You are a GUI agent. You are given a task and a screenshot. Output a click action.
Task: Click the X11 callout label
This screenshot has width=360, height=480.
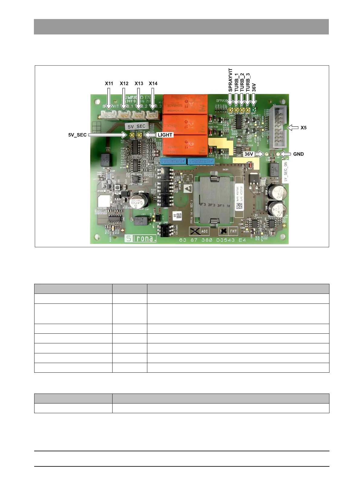[x=109, y=83]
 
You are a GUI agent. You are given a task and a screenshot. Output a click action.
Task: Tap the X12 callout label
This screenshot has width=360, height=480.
[x=124, y=83]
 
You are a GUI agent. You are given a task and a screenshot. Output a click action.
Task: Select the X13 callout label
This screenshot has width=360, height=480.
[x=139, y=83]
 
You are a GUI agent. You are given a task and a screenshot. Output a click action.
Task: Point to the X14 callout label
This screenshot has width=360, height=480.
[x=153, y=83]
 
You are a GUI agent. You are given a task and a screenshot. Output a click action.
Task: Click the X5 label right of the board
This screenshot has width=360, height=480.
[x=303, y=128]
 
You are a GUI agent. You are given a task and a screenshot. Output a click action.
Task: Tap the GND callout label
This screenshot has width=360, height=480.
[x=298, y=154]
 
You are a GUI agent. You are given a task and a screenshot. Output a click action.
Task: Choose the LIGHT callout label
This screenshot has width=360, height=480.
[x=165, y=135]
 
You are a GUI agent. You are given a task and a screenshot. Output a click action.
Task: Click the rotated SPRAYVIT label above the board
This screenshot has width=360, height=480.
[x=231, y=80]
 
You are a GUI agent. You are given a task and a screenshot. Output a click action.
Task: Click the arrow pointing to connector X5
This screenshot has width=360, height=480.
[x=292, y=128]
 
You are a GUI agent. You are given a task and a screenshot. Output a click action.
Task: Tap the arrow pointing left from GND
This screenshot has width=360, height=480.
[x=285, y=154]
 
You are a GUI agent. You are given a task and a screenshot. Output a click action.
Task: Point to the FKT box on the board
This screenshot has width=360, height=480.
[x=228, y=231]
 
